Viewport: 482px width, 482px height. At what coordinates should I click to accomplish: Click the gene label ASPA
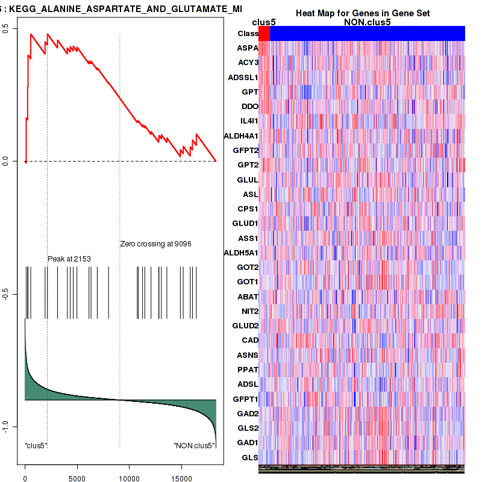tap(248, 48)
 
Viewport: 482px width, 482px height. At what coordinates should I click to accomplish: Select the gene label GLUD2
tap(245, 325)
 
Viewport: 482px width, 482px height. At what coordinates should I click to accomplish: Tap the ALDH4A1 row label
tap(241, 136)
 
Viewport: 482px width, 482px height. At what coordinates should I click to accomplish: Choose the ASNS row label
tap(248, 355)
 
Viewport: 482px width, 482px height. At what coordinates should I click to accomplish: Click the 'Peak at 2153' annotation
tap(69, 258)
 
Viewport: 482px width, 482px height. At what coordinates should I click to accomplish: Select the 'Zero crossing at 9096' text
tap(156, 244)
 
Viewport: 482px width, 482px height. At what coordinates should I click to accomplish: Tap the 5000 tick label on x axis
tap(77, 478)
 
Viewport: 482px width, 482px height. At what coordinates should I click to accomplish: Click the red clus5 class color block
tap(264, 34)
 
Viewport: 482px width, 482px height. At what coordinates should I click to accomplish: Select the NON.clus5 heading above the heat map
tap(367, 22)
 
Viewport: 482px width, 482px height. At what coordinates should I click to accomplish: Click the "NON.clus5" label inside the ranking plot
tap(194, 445)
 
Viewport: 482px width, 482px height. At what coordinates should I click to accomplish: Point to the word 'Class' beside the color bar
tap(248, 34)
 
